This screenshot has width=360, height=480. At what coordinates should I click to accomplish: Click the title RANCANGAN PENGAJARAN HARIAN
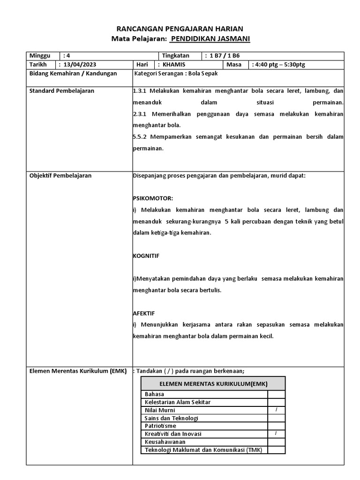180,29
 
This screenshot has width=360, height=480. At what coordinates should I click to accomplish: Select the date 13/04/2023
80,64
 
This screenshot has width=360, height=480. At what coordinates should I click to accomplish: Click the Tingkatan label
175,55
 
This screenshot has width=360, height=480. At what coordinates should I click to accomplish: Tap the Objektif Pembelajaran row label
60,176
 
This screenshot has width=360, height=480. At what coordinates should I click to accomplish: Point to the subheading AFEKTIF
144,313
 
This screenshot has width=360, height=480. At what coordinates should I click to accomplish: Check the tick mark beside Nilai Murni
276,410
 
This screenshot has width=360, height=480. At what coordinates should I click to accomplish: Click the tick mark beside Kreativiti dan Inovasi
276,434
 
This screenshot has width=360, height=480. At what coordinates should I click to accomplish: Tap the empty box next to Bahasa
276,394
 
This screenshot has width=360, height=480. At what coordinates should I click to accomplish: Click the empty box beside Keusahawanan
276,442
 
